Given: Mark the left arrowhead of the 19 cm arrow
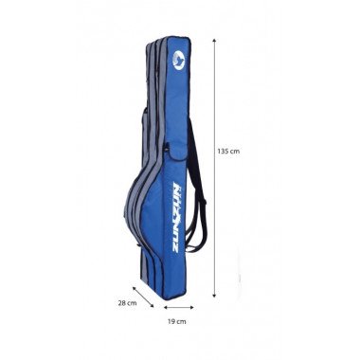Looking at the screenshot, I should [x=165, y=307].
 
